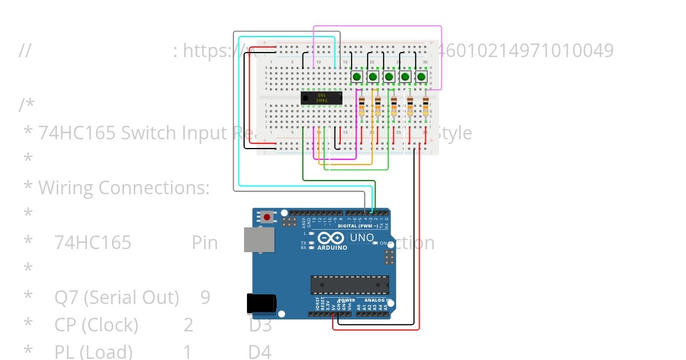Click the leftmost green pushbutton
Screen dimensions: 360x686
pos(357,76)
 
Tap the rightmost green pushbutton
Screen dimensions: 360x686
pos(422,76)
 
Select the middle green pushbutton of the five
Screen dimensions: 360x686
pos(389,76)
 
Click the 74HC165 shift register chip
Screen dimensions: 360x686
pos(321,98)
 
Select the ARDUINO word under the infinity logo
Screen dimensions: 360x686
pos(331,247)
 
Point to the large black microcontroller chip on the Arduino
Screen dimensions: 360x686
pos(350,285)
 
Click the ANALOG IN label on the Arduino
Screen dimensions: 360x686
pos(377,300)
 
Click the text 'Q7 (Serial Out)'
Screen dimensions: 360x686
pos(117,297)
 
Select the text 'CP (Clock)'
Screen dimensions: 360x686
pos(96,325)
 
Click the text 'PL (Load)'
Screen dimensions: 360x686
pos(93,351)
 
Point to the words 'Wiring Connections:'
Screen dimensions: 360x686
pos(124,187)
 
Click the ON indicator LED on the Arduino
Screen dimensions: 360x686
pos(376,243)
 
